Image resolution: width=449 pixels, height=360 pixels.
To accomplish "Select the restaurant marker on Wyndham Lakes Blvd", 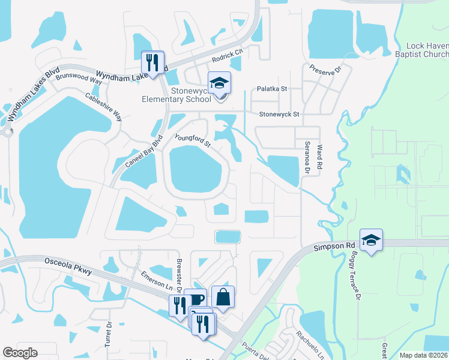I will [x=152, y=62].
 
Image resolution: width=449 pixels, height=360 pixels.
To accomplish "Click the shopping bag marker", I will [x=223, y=296].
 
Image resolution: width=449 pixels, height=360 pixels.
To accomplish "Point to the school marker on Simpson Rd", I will [x=371, y=239].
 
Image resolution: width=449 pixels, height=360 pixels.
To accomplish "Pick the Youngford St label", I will [x=193, y=141].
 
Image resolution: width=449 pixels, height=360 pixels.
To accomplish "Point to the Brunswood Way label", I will [x=79, y=77].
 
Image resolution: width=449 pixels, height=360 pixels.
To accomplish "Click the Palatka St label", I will [x=272, y=89].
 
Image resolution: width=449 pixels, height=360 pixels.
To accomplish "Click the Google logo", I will [x=20, y=353].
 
